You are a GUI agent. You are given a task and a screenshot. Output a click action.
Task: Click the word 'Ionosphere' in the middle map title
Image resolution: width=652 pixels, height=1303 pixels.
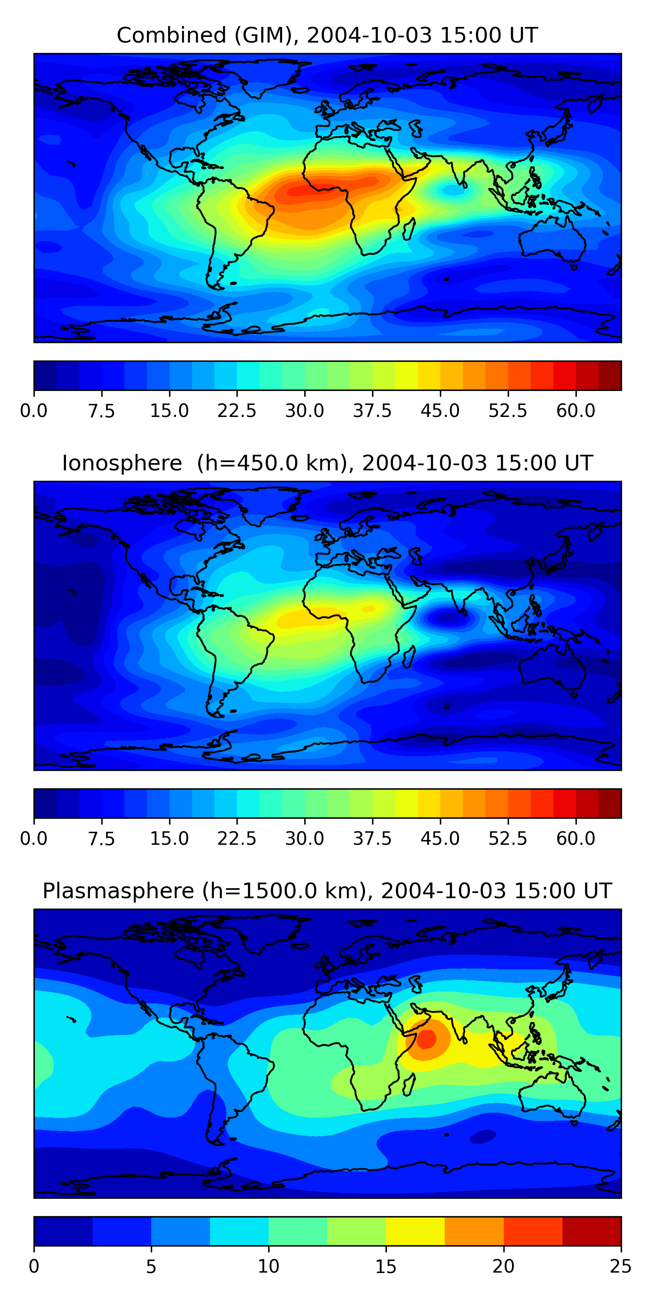click(122, 463)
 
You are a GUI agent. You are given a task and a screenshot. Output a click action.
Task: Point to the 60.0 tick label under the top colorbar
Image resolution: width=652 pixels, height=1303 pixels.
click(575, 411)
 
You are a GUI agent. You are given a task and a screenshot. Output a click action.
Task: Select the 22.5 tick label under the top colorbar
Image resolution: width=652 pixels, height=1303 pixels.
click(237, 411)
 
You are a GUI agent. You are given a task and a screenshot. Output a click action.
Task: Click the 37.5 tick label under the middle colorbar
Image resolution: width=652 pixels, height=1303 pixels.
click(373, 839)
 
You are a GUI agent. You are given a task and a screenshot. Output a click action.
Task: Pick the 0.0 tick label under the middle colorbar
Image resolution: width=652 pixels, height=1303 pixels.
click(34, 839)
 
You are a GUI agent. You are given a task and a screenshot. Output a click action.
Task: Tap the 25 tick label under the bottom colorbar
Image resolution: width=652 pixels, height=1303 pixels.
click(621, 1267)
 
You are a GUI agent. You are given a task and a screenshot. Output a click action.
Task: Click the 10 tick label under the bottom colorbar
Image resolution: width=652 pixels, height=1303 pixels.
click(268, 1267)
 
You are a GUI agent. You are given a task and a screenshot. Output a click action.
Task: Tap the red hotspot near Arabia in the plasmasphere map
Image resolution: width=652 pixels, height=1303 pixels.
click(427, 1039)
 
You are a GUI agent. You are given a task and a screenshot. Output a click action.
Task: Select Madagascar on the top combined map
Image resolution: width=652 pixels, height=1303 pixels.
click(409, 228)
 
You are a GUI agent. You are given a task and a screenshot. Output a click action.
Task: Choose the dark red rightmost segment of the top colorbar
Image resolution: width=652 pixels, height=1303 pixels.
click(609, 375)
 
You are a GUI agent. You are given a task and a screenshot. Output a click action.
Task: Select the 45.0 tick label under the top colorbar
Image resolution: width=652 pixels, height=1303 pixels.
click(440, 411)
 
